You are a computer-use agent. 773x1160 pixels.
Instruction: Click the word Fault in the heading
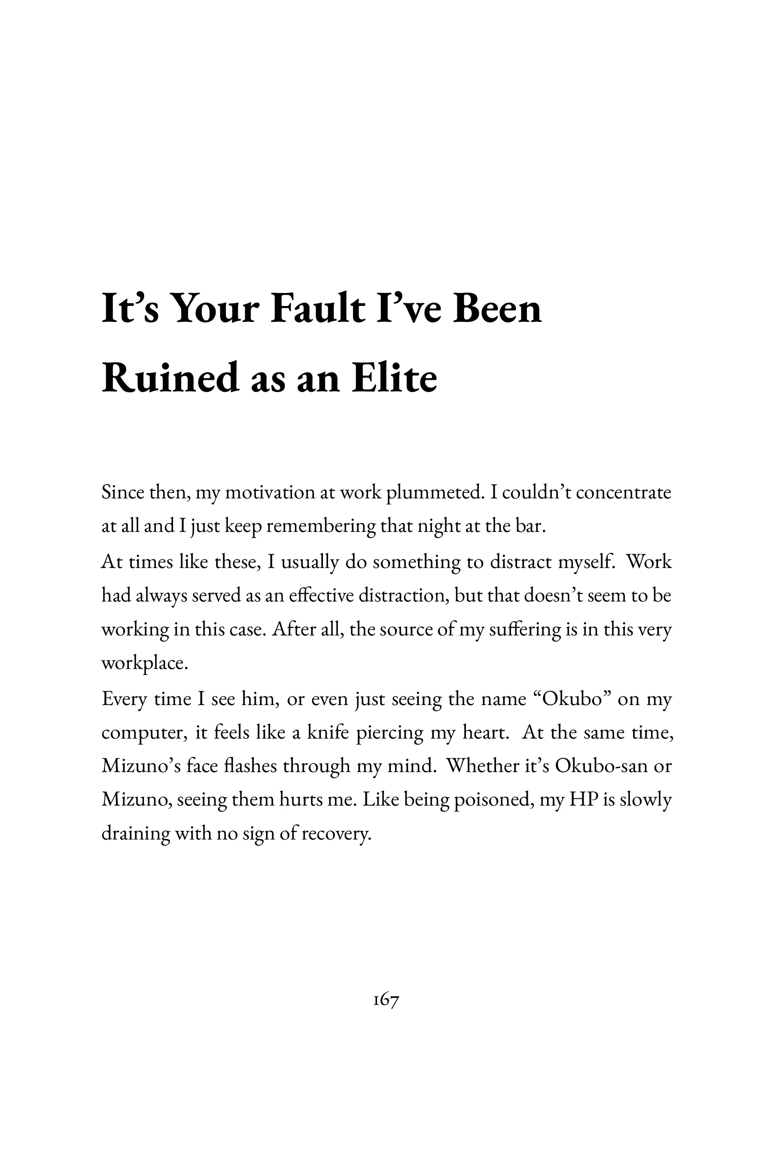click(317, 309)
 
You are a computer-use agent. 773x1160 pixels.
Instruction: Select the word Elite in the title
click(394, 378)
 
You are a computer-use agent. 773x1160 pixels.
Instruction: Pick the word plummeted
click(433, 493)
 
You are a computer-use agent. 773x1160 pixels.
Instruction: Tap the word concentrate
click(623, 493)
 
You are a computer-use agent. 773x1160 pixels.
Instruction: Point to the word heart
click(485, 733)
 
